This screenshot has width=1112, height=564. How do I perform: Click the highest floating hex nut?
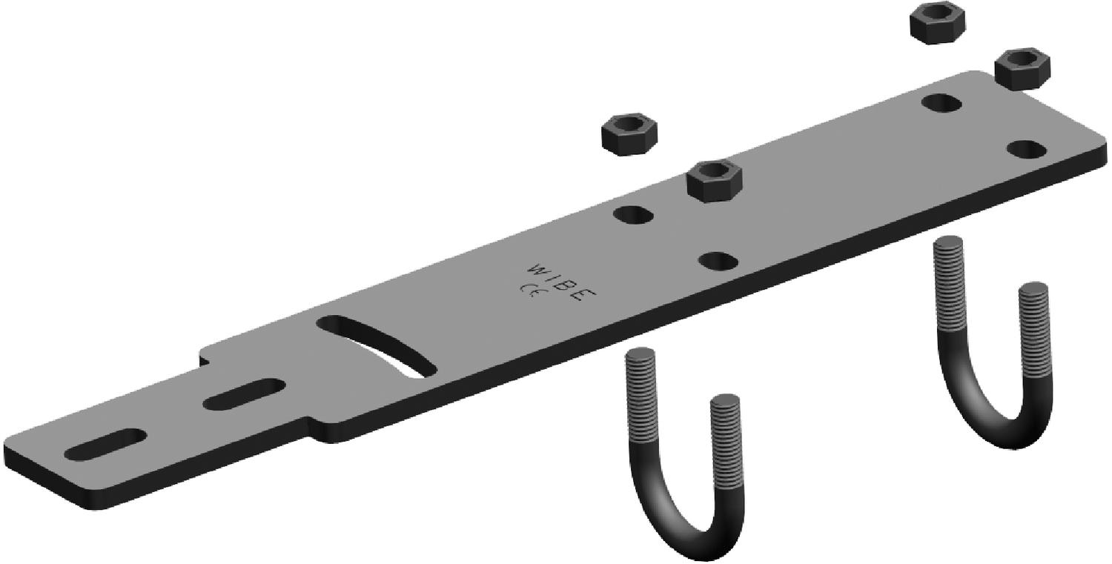[x=937, y=23]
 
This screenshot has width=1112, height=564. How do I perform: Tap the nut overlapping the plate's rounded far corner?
[x=1022, y=68]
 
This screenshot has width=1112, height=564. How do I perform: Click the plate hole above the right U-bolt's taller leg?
[x=942, y=103]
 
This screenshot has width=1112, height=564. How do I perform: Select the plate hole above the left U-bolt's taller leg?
[x=635, y=216]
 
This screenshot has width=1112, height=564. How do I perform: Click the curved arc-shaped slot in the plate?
[x=378, y=346]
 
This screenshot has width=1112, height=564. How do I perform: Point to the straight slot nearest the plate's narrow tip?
[x=105, y=443]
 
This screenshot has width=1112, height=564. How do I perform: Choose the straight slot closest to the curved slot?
[x=244, y=394]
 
